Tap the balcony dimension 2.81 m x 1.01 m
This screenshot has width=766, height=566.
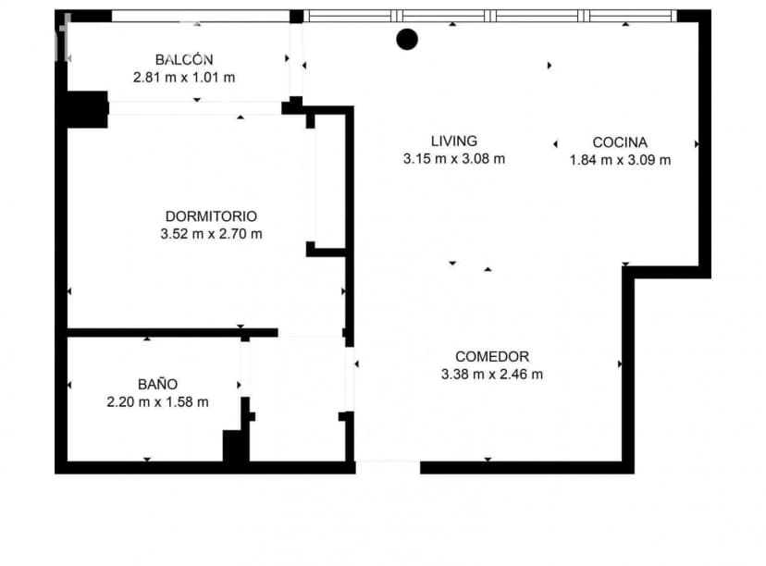(x=184, y=78)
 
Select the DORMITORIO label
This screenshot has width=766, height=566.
(x=211, y=215)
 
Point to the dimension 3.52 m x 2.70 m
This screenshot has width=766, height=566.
(x=211, y=234)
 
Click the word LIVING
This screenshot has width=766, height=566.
(x=454, y=141)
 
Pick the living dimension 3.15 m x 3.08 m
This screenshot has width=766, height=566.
(x=454, y=159)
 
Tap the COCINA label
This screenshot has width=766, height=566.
(x=620, y=142)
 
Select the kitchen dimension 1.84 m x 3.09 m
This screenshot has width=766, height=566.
(x=620, y=160)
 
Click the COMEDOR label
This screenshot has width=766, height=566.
(x=492, y=356)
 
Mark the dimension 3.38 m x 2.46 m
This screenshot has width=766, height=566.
(x=492, y=375)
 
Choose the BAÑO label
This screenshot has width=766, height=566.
(x=157, y=384)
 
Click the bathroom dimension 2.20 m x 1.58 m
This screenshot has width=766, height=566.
(x=157, y=402)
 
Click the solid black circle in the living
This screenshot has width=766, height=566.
(x=407, y=39)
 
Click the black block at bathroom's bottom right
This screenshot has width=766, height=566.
(x=236, y=446)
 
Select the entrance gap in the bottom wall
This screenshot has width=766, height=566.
(x=388, y=467)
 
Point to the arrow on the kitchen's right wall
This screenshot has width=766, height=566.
(x=696, y=144)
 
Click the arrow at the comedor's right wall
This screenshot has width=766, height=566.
(x=619, y=364)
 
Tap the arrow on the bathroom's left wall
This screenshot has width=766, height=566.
(x=69, y=385)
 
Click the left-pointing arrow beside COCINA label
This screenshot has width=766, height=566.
(x=555, y=143)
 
